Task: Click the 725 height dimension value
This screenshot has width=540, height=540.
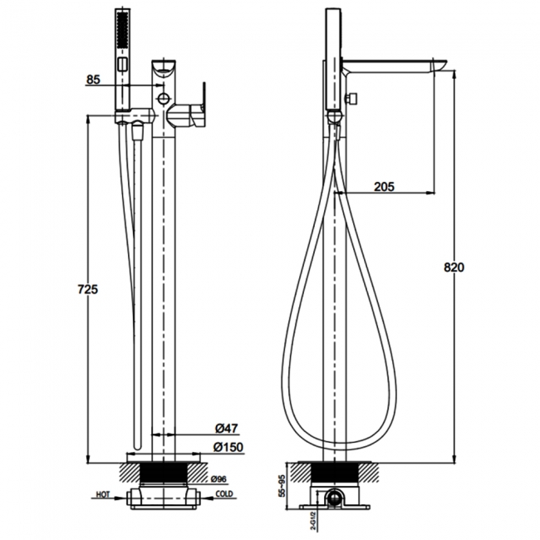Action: click(x=88, y=290)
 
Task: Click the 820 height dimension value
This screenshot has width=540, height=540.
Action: click(x=454, y=268)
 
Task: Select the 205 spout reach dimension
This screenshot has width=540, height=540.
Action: click(x=384, y=187)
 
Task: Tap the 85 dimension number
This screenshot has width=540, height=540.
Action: click(x=93, y=80)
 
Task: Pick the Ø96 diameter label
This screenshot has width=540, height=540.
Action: click(x=219, y=479)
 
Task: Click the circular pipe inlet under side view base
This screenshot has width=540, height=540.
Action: click(x=335, y=499)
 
